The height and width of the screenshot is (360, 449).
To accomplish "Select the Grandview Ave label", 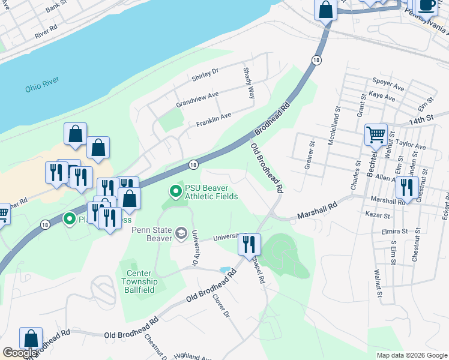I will coord(197,100).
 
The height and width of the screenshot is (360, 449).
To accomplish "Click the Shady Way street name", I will coord(249,83).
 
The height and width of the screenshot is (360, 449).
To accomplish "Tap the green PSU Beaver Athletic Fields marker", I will coord(176,191).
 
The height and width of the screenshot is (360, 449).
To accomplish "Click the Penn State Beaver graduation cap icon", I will coord(182,232).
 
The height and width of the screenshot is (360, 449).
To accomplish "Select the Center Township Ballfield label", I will coord(141,281).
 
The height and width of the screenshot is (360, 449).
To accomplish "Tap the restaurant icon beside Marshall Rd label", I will coord(407,187).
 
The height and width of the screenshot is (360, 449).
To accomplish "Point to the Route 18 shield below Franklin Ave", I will coord(193,164).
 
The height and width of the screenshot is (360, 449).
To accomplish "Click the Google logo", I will coord(20,353).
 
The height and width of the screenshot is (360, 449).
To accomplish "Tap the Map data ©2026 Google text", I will coord(411,355).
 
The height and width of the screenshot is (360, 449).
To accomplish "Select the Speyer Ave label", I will coord(388,83).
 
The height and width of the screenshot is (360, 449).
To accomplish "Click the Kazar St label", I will coord(379,215).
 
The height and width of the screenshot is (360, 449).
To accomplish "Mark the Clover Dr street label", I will coord(221,306).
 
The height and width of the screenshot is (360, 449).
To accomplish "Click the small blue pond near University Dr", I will coord(224,270).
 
